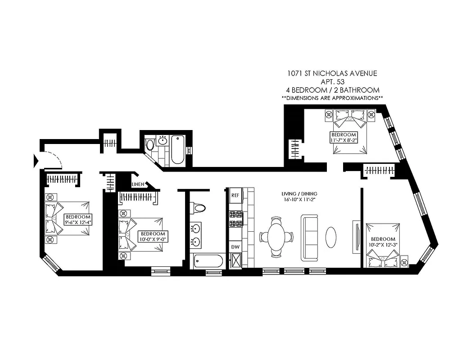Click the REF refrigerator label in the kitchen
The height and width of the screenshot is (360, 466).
coord(235,195)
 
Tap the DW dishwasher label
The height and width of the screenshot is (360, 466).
coord(235,247)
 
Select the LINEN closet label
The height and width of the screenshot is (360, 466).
coord(137,184)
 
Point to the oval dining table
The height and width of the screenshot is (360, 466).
coord(276,236)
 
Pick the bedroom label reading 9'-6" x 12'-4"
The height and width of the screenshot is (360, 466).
coord(78,219)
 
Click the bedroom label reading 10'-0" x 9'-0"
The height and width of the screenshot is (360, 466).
coord(153,237)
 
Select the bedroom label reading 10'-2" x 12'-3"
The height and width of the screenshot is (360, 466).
coord(383,242)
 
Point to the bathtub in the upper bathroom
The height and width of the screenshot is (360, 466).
coord(177,149)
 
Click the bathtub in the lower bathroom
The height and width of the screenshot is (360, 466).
coord(208,261)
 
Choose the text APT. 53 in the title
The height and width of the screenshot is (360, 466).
coord(332,81)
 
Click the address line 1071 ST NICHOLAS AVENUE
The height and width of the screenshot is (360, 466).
coord(332,73)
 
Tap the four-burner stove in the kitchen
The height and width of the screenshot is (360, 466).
coord(235,219)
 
